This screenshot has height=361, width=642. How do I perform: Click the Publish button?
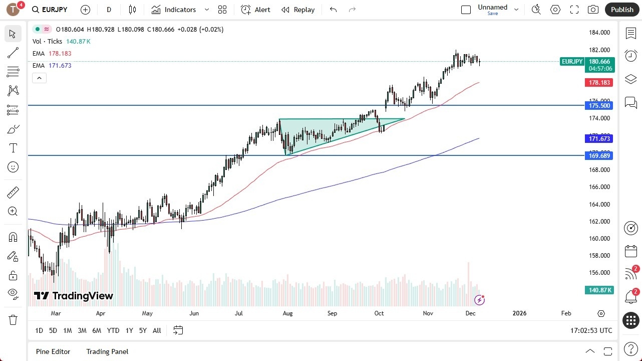pos(622,10)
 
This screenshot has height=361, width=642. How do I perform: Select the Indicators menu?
pos(180,10)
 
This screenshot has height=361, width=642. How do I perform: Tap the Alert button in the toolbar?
pos(255,10)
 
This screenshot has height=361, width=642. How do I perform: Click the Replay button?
pos(298,10)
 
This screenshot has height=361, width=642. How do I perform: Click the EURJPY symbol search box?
pos(50,10)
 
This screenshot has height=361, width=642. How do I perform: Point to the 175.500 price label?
pos(599,105)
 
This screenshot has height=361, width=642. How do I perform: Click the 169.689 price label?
pos(599,155)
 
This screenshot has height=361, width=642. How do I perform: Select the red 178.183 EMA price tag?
pos(599,82)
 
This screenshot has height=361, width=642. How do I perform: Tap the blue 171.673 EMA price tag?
pos(599,138)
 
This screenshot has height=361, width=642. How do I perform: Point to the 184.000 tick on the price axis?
pos(599,33)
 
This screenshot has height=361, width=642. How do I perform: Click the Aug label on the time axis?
pos(287,313)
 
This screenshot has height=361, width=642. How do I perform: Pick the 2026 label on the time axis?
pos(519,313)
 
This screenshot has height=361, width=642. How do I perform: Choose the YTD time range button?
pos(113,330)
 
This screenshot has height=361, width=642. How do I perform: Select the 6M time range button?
pos(97,330)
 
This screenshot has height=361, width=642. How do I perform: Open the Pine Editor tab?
pos(53,351)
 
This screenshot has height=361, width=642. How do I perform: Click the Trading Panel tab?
pos(107,351)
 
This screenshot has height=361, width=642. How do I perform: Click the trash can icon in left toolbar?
pos(13,320)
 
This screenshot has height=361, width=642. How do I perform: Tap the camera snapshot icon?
pos(593,10)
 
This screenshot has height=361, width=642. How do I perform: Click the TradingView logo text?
pos(74,296)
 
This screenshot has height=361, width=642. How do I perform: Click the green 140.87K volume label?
pos(599,290)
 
